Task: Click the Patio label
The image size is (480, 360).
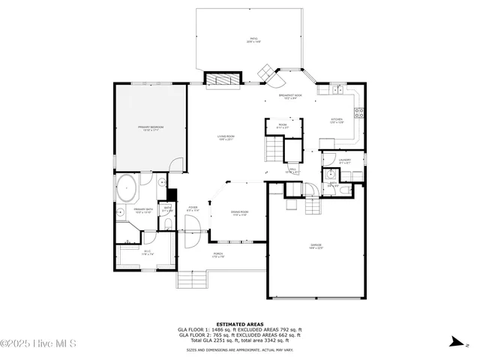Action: (x=253, y=40)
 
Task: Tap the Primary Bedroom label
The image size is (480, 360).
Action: (x=151, y=129)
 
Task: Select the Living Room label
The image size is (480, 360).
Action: (x=226, y=137)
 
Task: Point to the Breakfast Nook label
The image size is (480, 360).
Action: (x=290, y=97)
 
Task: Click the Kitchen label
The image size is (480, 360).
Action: (x=337, y=121)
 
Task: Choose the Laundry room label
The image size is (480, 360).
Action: (x=345, y=160)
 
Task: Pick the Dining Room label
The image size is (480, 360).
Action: (x=239, y=214)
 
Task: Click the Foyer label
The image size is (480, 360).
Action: (x=193, y=209)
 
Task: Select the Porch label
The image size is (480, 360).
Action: (x=217, y=257)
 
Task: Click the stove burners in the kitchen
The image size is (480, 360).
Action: (x=359, y=114)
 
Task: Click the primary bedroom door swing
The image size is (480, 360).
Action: (x=177, y=165)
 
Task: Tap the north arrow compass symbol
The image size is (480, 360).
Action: (x=454, y=342)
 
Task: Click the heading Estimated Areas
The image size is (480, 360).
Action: (x=240, y=324)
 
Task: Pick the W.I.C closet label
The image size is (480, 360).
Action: (x=148, y=253)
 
